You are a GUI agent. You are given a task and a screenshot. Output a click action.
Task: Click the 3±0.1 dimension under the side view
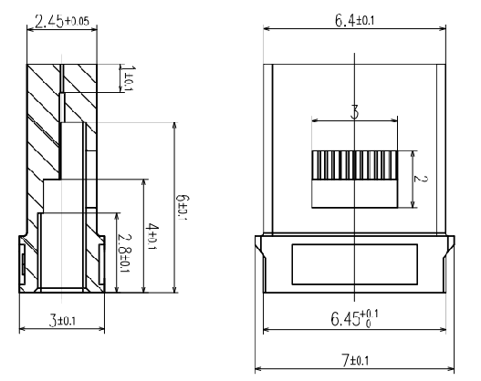tap(62, 320)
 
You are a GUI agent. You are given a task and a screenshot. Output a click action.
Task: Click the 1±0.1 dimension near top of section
tap(129, 77)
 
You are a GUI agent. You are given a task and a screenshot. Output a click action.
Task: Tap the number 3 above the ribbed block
tap(355, 112)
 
